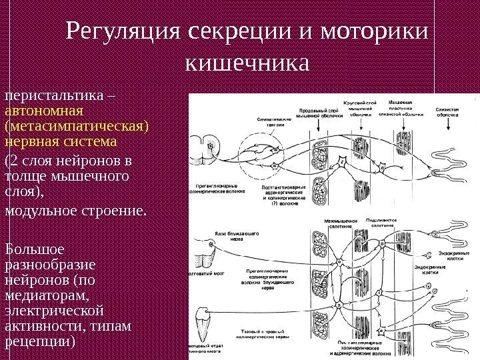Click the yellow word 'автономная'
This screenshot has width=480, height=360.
point(43,111)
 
